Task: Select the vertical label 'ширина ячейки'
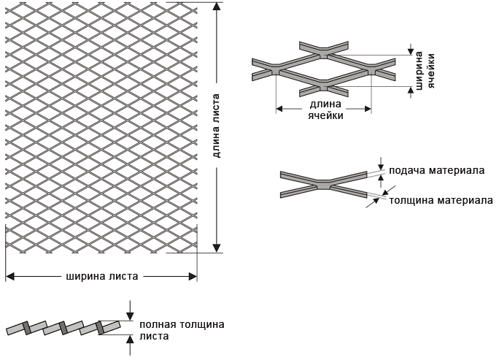click(425, 72)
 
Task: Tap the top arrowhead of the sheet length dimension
click(217, 8)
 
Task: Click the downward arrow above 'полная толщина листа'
click(130, 313)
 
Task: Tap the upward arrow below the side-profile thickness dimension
click(130, 338)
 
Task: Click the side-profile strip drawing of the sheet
click(62, 328)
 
